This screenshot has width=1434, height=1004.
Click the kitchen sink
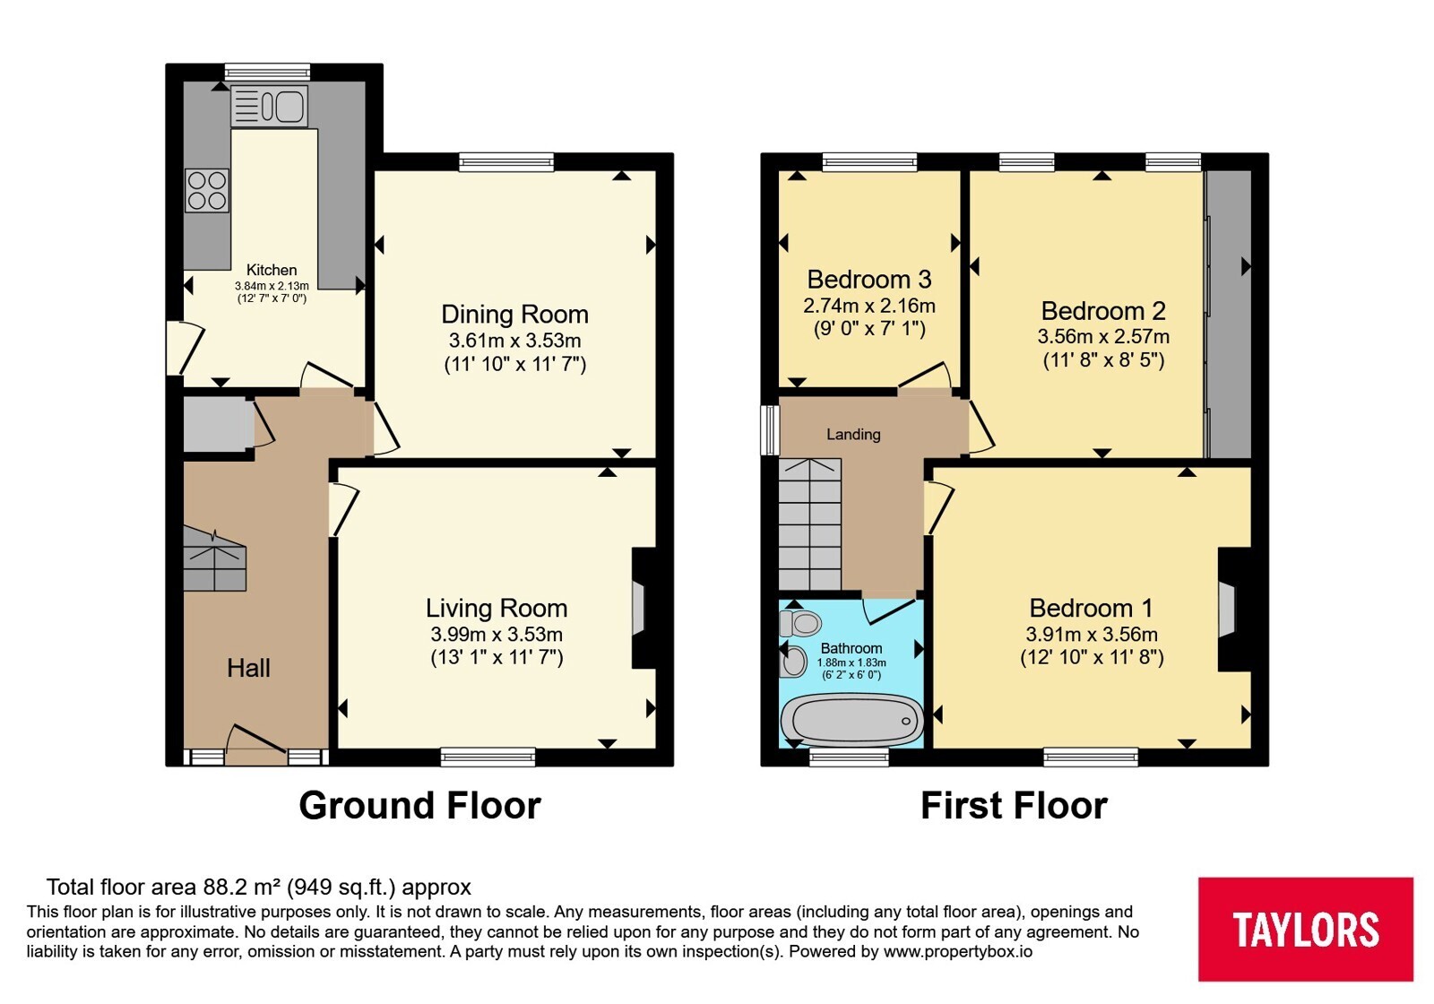(x=270, y=107)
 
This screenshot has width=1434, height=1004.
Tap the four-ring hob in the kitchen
(x=207, y=190)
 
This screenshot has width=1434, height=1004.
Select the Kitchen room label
(x=272, y=270)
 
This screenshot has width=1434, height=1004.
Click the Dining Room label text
(x=514, y=315)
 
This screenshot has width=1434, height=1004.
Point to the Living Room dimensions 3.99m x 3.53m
(x=497, y=635)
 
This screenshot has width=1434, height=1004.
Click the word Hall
(x=248, y=669)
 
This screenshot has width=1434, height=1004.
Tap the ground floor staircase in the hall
(x=214, y=559)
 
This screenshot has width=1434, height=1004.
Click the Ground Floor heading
(x=420, y=806)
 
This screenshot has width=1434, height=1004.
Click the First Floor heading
(x=1014, y=806)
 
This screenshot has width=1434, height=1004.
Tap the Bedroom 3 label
(x=868, y=279)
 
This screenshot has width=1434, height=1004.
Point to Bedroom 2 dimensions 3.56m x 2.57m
(x=1103, y=336)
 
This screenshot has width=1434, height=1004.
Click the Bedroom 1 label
(x=1092, y=608)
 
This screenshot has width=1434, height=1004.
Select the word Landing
(x=853, y=435)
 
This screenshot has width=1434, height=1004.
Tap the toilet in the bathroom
(x=800, y=622)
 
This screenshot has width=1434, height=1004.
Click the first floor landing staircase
(x=810, y=524)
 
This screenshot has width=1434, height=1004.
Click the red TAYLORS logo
(x=1306, y=929)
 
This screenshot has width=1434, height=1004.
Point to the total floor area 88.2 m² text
(x=259, y=887)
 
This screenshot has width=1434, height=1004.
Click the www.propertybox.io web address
(x=958, y=951)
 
